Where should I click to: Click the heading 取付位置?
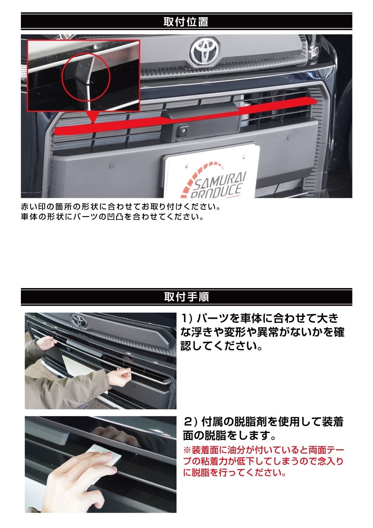pos(186,22)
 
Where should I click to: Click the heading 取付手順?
pos(186,297)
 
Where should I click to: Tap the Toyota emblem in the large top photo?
pos(205,51)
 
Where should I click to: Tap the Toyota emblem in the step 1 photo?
pos(79,321)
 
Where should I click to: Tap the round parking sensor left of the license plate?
pos(111,164)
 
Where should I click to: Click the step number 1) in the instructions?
pos(186,318)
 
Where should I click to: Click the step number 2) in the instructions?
pos(189,422)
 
